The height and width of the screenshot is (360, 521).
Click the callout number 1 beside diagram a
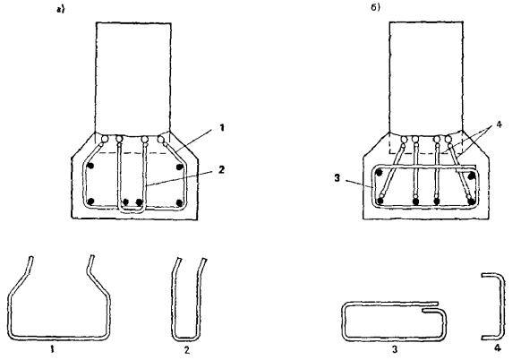click(x=222, y=128)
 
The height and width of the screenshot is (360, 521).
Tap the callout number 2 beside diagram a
click(x=222, y=170)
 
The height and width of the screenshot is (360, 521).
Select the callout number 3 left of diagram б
click(x=337, y=178)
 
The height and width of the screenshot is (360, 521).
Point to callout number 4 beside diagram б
click(x=499, y=125)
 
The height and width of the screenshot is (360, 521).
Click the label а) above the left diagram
click(x=61, y=10)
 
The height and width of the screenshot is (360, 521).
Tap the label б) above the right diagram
click(x=375, y=7)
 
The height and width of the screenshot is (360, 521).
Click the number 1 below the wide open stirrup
click(x=52, y=349)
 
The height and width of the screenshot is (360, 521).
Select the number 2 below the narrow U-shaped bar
click(x=187, y=349)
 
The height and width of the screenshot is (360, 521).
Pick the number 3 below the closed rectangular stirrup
click(x=395, y=349)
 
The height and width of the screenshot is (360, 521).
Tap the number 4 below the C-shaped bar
click(x=498, y=348)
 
